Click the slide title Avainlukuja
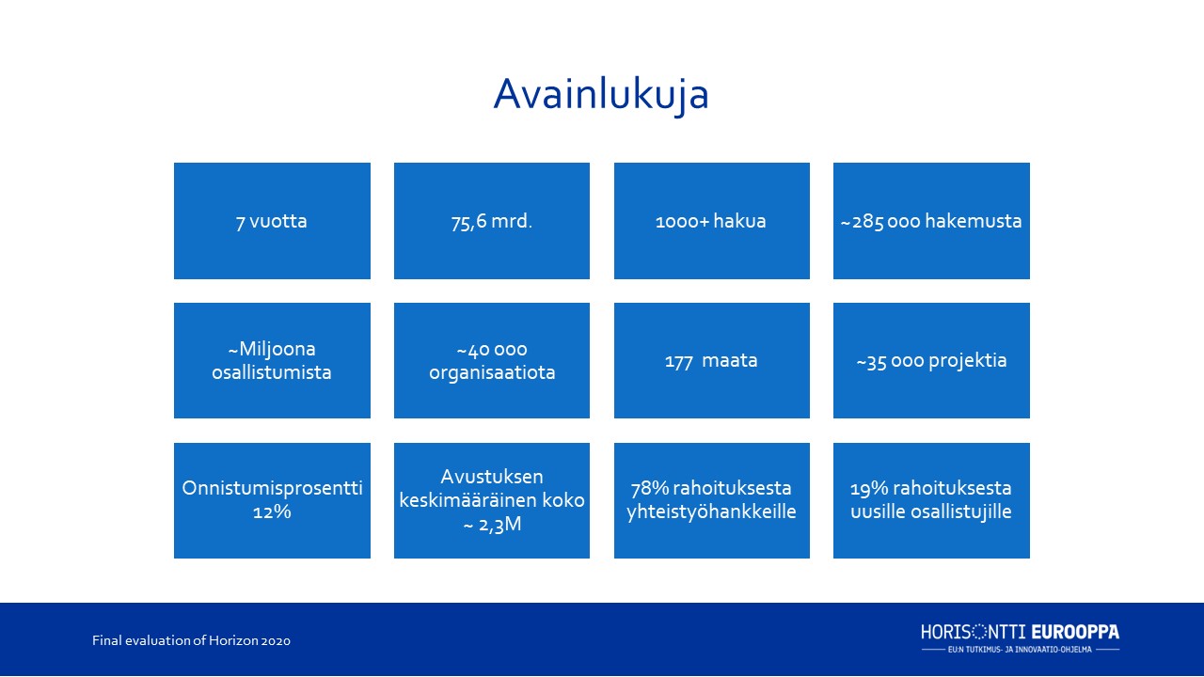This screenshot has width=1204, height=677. (601, 95)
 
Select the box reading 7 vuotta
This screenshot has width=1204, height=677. (272, 221)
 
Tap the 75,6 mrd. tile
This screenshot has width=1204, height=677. (492, 221)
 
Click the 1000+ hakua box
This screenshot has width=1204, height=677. (712, 221)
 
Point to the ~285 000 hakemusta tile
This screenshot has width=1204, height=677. (931, 221)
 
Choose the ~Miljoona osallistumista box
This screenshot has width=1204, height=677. (272, 360)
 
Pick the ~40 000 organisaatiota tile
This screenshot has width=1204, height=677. (492, 360)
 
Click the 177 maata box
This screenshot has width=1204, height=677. (712, 360)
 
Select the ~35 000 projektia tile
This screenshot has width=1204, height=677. (931, 360)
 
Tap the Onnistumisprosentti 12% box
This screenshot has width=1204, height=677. (272, 500)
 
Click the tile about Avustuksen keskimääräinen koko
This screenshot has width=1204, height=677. (492, 500)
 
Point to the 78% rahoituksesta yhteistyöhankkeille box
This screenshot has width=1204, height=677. (712, 500)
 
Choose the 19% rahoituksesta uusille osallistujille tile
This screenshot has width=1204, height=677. (931, 500)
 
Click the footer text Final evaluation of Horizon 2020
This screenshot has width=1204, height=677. (191, 640)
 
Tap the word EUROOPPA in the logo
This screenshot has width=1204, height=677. (1075, 632)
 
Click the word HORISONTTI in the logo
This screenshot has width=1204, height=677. (974, 632)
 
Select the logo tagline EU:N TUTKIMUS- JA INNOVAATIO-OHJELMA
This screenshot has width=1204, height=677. (1020, 650)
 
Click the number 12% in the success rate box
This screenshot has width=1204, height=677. (272, 512)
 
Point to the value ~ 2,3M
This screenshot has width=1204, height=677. (492, 525)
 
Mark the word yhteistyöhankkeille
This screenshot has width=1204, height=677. (712, 512)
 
